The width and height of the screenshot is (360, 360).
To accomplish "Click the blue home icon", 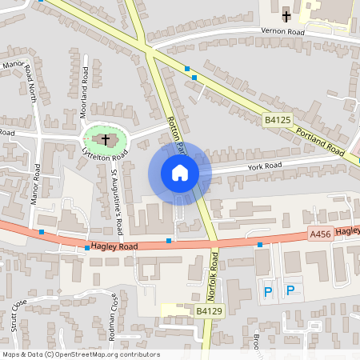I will (x=180, y=173).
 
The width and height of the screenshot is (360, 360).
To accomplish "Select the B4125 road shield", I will (x=276, y=120).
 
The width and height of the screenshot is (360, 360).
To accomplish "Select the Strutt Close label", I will (x=18, y=315).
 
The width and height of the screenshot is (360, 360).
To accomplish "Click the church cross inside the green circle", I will (x=105, y=139).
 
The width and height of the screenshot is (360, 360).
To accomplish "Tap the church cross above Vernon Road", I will (x=286, y=15).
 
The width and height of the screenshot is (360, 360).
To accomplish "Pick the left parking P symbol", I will (x=269, y=292).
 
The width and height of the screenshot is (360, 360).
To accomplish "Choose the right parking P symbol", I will (x=290, y=292).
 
